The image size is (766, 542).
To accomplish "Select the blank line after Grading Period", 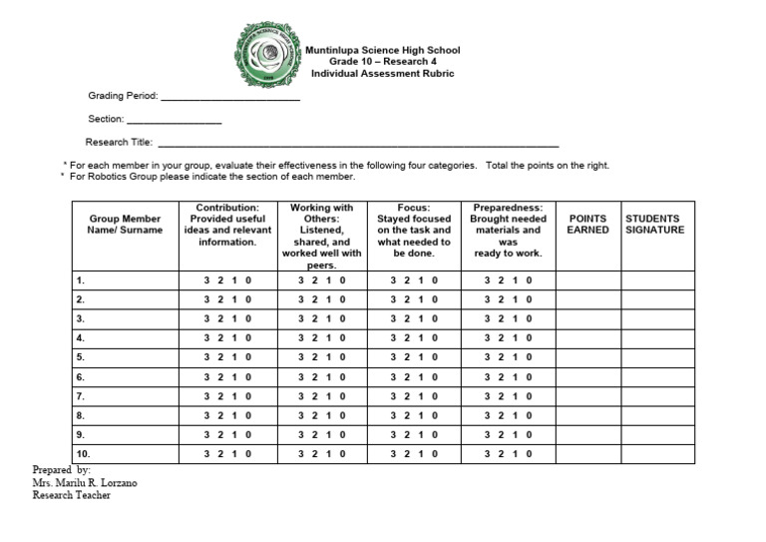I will click(229, 97).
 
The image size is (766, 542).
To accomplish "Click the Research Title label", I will click(119, 143).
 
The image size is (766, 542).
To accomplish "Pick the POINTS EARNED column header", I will click(587, 224).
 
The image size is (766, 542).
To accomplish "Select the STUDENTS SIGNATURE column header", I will click(654, 224).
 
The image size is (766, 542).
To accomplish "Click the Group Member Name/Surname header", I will click(125, 224).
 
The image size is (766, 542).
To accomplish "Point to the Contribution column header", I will click(227, 225).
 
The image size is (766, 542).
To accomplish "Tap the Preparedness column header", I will click(508, 231).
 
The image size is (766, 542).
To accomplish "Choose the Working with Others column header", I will click(321, 237).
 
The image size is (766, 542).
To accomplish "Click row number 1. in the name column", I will click(80, 280).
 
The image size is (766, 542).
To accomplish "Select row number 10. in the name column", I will click(83, 453).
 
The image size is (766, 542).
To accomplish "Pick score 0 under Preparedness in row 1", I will click(530, 280).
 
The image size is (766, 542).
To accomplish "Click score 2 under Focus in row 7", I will click(407, 396).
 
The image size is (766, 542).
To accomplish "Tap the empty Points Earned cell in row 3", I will click(587, 318).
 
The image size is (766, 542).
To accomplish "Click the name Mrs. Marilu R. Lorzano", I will click(85, 483).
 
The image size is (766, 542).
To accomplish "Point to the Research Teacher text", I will click(71, 496).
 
